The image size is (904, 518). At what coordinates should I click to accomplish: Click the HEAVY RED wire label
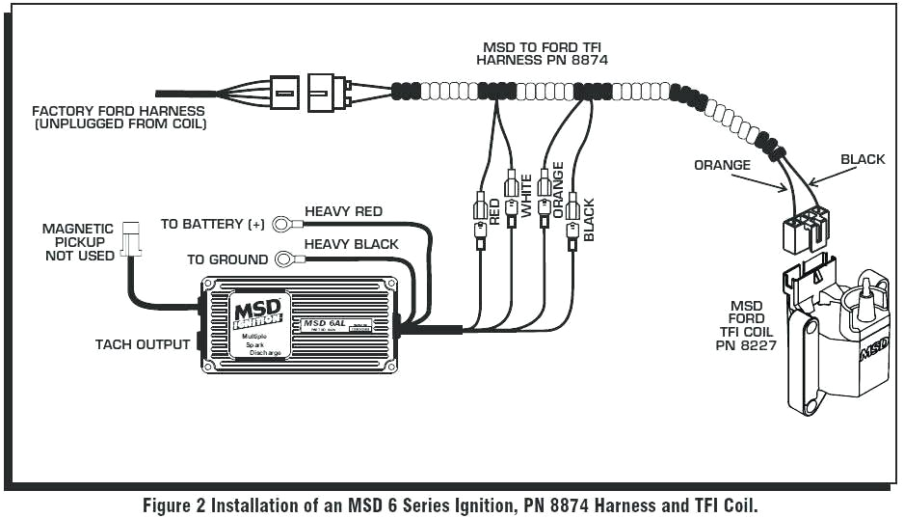tap(343, 211)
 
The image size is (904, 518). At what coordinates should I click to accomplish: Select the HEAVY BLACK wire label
tap(351, 244)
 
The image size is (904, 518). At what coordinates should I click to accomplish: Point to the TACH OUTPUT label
tap(142, 344)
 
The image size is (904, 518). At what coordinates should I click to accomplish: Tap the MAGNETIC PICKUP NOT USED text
tap(77, 242)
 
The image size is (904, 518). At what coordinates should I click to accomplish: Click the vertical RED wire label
tap(494, 212)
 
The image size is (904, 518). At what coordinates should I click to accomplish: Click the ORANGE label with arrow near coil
tap(722, 165)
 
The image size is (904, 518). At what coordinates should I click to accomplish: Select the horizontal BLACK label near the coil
tap(862, 159)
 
